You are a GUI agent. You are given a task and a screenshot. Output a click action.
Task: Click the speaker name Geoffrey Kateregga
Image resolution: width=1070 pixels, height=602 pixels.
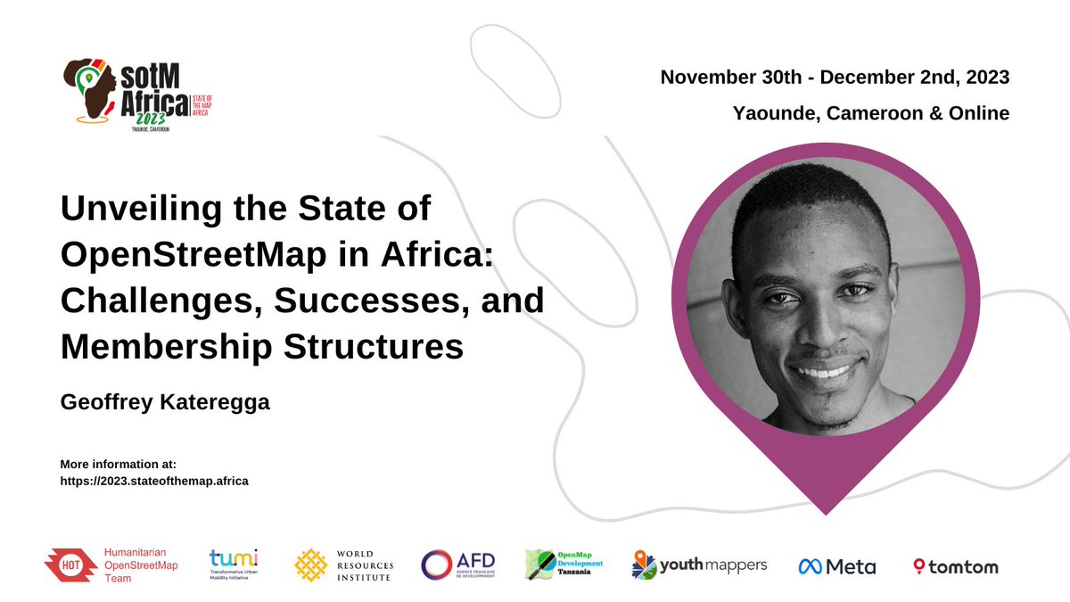click(164, 403)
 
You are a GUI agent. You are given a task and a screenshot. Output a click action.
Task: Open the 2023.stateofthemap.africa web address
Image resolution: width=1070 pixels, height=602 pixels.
click(153, 481)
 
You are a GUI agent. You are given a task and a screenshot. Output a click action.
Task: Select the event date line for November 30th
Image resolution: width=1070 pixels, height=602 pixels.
click(835, 78)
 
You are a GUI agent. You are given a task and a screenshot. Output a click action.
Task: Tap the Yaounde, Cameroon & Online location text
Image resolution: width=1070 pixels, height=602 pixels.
click(870, 113)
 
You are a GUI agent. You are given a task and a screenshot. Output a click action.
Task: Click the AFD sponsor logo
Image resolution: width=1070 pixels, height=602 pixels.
click(457, 565)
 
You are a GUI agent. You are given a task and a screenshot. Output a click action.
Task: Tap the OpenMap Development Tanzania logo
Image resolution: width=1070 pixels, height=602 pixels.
click(564, 565)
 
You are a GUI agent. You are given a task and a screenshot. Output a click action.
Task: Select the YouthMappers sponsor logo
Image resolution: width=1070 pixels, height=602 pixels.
click(700, 565)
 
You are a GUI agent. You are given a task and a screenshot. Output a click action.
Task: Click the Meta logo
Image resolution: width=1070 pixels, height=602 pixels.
click(837, 566)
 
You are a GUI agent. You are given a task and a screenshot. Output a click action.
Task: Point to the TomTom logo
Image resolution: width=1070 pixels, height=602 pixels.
click(955, 566)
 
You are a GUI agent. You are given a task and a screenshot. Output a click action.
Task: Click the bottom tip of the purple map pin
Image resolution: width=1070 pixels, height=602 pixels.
click(826, 512)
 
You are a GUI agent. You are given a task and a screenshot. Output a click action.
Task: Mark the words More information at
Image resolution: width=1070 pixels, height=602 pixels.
click(119, 465)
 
